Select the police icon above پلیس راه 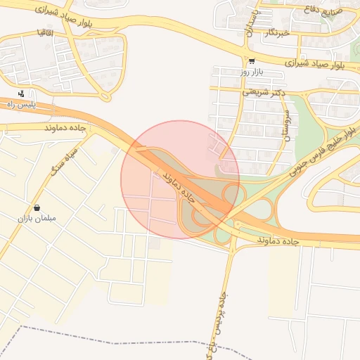pos(22,94)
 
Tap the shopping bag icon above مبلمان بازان pos(37,208)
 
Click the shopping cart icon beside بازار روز pos(252,60)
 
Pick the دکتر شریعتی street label pos(261,91)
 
